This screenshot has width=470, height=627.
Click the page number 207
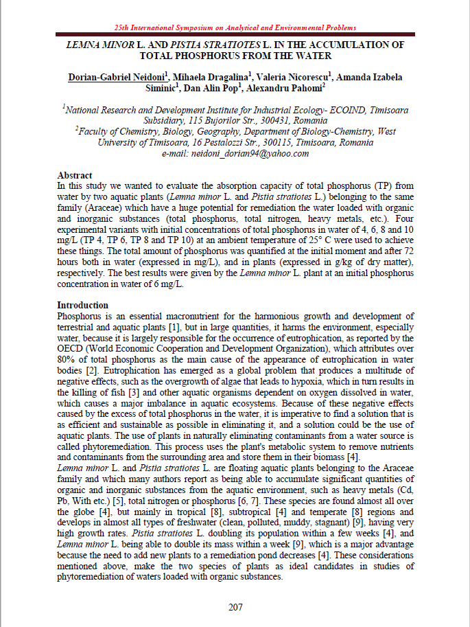[235, 606]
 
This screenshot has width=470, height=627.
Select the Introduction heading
[82, 305]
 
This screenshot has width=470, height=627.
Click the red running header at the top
[235, 27]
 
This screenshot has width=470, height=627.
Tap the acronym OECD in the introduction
[69, 348]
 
